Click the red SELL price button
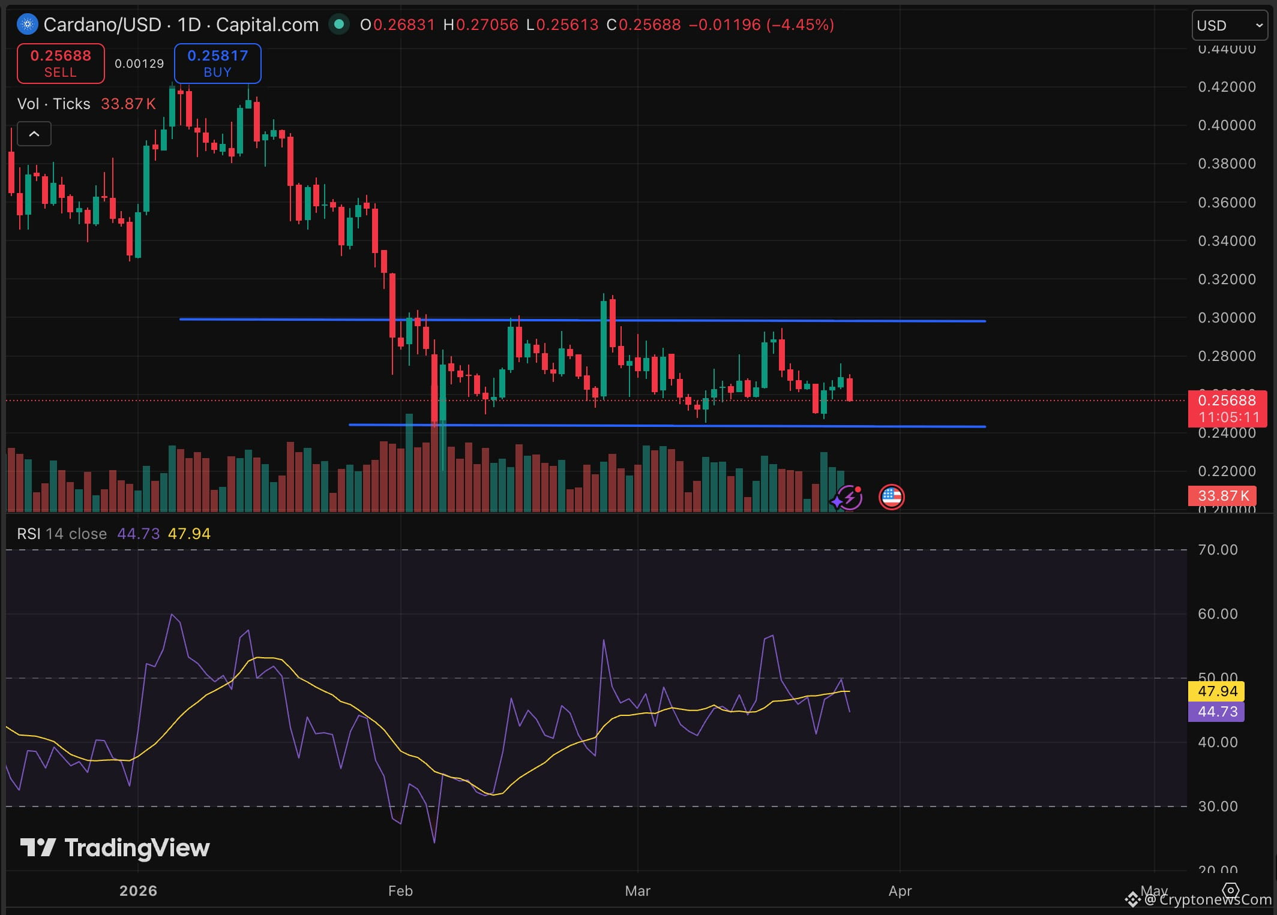tap(61, 63)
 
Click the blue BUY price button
tap(217, 63)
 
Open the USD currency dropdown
tap(1230, 25)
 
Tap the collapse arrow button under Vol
tap(34, 134)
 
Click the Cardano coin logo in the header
tap(28, 25)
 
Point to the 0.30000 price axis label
tap(1226, 318)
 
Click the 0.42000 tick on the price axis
tap(1226, 87)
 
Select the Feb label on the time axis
tap(400, 890)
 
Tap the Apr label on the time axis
tap(900, 890)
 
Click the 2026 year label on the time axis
tap(138, 890)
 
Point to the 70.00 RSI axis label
tap(1217, 550)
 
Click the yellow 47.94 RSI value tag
tap(1216, 691)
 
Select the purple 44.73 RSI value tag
tap(1216, 712)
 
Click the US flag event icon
tap(891, 497)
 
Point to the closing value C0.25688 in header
tap(643, 25)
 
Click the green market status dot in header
tap(339, 25)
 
